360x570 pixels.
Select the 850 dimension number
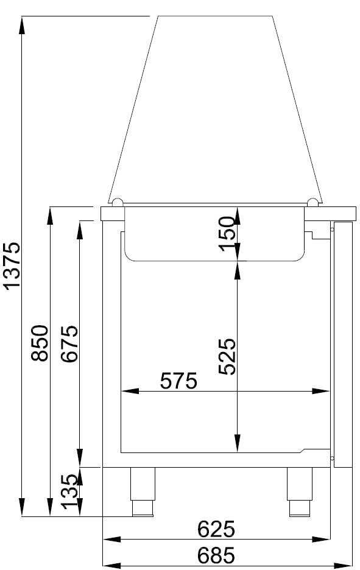(x=40, y=343)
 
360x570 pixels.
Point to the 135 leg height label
(x=71, y=491)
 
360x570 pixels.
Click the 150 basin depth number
(x=227, y=233)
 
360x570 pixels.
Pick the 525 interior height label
(x=227, y=356)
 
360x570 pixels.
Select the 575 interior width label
(x=178, y=381)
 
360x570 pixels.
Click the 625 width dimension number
(x=216, y=529)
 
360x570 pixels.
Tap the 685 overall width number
(x=216, y=555)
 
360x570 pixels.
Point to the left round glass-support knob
(x=117, y=202)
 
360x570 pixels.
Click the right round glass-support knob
(x=312, y=202)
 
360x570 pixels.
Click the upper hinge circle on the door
(x=332, y=230)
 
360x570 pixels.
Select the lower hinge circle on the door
(x=332, y=457)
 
